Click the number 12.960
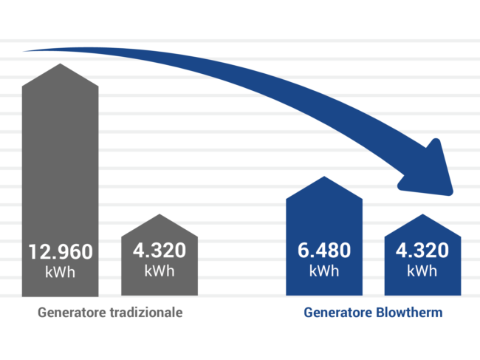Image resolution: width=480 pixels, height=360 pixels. pos(61,252)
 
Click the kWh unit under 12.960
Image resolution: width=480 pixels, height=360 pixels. pos(61,272)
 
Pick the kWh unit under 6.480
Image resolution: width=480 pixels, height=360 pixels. pos(324,271)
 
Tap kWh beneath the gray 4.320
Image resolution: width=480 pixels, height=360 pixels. pos(160,271)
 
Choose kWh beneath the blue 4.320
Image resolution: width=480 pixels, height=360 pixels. pos(422,271)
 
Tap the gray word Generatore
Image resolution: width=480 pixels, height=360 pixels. pos(72,313)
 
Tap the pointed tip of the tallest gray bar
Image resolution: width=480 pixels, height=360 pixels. pos(61,65)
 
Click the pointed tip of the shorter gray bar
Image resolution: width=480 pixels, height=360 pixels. pos(160,215)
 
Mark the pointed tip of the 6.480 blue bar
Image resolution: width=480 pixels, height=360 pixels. pos(324,177)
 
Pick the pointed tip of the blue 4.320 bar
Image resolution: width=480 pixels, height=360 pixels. pos(422,215)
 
